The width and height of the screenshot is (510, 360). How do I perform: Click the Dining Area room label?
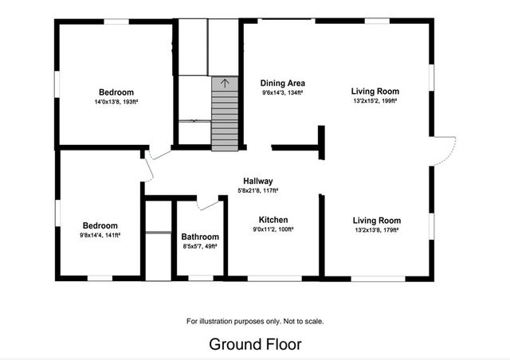pyautogui.click(x=282, y=84)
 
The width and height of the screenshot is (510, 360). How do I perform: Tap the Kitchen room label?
pyautogui.click(x=273, y=220)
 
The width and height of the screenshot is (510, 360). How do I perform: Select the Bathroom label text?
pyautogui.click(x=200, y=237)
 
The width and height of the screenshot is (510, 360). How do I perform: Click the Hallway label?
pyautogui.click(x=258, y=181)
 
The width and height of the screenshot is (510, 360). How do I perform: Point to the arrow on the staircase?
pyautogui.click(x=225, y=84)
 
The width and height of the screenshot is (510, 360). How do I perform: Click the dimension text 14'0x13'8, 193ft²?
pyautogui.click(x=116, y=102)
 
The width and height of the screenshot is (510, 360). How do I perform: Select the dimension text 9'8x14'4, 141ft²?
pyautogui.click(x=100, y=235)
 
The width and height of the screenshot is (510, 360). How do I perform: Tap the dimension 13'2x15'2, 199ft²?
pyautogui.click(x=375, y=101)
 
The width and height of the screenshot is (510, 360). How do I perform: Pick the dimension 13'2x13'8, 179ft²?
pyautogui.click(x=377, y=230)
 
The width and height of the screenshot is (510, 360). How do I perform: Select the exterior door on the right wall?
pyautogui.click(x=445, y=151)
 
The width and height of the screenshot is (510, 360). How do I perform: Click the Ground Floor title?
pyautogui.click(x=255, y=344)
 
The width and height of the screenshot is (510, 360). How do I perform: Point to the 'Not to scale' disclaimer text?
pyautogui.click(x=304, y=321)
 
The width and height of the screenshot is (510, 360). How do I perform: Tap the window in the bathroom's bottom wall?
pyautogui.click(x=201, y=278)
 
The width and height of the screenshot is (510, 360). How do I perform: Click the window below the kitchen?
pyautogui.click(x=275, y=279)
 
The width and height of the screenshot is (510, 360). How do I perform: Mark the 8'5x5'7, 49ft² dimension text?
pyautogui.click(x=200, y=246)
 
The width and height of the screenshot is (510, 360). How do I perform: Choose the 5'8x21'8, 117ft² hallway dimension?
pyautogui.click(x=258, y=191)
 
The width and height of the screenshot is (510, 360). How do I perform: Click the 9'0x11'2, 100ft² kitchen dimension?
pyautogui.click(x=273, y=229)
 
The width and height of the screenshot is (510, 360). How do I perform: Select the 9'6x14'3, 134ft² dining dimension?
pyautogui.click(x=282, y=92)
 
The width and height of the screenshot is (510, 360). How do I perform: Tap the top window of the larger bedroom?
pyautogui.click(x=116, y=22)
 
